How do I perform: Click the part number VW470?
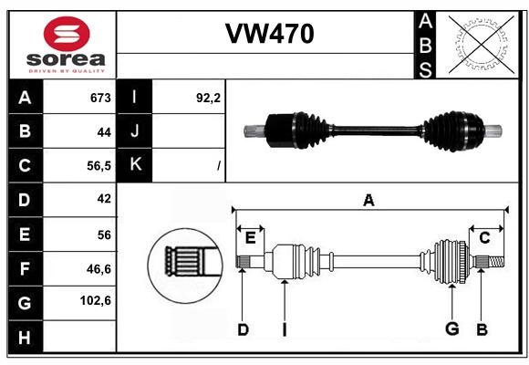[270, 34]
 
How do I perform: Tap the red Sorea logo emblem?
[67, 34]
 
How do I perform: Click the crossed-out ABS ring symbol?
[482, 45]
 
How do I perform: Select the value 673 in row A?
[100, 98]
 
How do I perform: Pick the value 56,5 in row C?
[99, 166]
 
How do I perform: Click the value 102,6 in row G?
[96, 300]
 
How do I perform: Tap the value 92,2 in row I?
[208, 98]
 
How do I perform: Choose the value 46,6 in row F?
[99, 269]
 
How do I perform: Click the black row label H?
[25, 337]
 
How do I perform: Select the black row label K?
[135, 164]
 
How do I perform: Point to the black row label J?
[135, 130]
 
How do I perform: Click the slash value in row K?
[219, 166]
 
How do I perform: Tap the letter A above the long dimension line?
[368, 200]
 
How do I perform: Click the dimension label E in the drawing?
[250, 238]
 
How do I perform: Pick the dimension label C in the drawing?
[484, 238]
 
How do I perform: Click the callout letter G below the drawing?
[452, 328]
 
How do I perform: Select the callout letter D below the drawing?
[243, 329]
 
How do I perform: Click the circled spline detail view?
[185, 266]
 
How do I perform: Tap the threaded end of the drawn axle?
[496, 262]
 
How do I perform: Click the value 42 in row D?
[104, 199]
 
